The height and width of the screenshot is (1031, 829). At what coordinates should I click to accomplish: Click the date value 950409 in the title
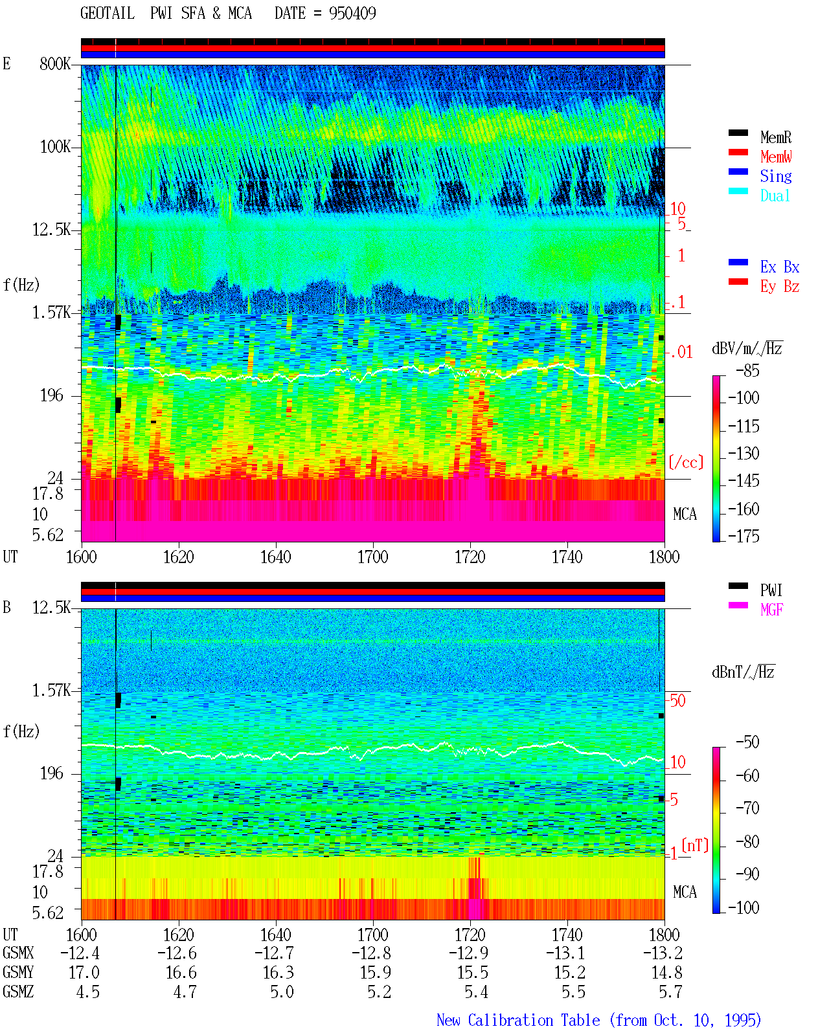coord(352,13)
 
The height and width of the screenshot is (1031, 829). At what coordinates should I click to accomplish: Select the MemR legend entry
coord(776,137)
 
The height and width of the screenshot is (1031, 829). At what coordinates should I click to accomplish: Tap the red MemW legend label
coord(776,156)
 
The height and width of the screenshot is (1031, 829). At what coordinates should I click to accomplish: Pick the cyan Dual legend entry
coord(775,195)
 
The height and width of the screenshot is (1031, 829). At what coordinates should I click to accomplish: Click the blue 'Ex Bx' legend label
coord(780,267)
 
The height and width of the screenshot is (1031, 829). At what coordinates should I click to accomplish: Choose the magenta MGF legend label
coord(772,610)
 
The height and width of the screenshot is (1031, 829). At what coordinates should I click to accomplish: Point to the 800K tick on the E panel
coord(55,63)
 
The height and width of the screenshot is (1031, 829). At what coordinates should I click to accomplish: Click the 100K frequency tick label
coord(55,146)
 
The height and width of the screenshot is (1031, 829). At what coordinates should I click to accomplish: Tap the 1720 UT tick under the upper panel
coord(470,557)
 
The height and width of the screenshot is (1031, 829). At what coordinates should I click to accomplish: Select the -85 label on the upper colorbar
coord(747,370)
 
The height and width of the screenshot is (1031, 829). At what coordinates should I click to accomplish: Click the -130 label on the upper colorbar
coord(744,453)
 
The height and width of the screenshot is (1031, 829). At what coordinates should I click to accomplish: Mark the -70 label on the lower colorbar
coord(747,808)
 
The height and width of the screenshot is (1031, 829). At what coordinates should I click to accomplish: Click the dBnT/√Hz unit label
coord(744,672)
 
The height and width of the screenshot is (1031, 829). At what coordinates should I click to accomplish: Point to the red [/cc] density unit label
coord(686,462)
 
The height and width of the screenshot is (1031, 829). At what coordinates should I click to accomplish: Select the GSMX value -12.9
coord(468,953)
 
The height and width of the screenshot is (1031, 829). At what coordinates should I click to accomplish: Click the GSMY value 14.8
coord(666,972)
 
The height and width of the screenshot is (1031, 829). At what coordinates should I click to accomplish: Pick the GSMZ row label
coord(18,992)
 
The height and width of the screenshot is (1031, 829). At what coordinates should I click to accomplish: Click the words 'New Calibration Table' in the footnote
coord(518,1020)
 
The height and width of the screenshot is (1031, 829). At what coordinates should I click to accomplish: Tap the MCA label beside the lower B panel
coord(685,892)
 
